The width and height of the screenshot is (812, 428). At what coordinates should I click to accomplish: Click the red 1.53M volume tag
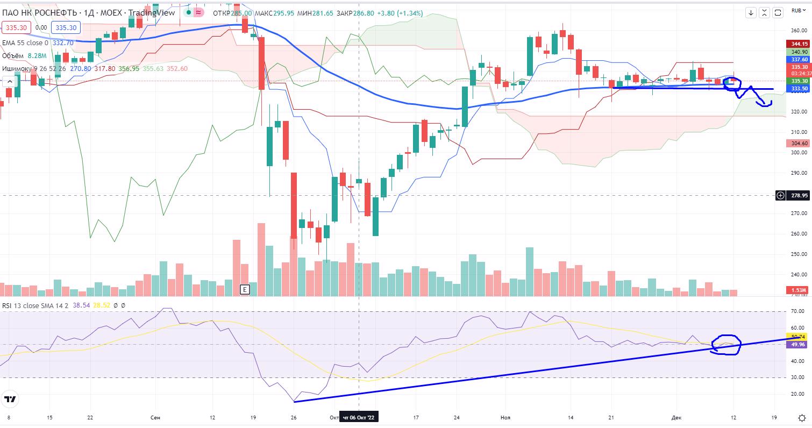pos(799,290)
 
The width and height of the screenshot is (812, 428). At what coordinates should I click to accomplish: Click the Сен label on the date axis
pos(155,417)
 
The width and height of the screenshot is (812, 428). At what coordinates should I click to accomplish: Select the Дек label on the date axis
pos(676,417)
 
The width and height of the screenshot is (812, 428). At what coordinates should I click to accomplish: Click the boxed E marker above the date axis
pos(245,290)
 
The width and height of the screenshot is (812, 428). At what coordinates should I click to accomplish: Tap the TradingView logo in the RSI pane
pos(10,399)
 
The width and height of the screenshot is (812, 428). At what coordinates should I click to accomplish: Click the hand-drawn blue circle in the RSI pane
pos(726,344)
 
